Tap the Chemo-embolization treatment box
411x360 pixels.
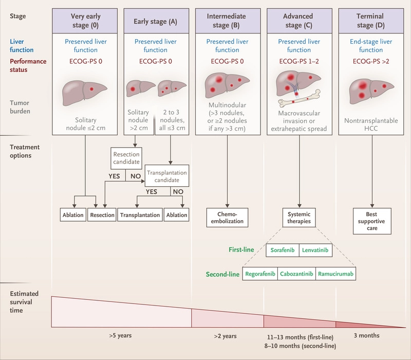pos(227,218)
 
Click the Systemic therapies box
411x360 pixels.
pos(299,218)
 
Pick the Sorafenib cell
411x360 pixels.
pos(283,250)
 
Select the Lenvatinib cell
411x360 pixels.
pos(315,250)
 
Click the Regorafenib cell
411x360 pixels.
pos(260,274)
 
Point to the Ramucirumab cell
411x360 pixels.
pos(334,274)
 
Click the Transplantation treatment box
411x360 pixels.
pos(140,215)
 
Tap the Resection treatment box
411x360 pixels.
pos(102,215)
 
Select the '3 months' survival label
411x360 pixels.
pos(367,336)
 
